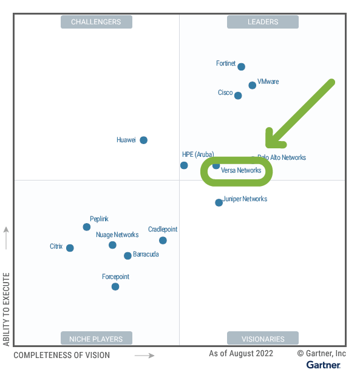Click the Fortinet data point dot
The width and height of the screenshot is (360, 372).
[241, 67]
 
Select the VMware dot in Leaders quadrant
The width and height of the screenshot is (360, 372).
[253, 85]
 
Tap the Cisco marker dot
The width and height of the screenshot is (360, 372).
[238, 95]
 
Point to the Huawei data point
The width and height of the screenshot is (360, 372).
[143, 140]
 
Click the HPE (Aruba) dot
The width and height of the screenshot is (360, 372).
[184, 165]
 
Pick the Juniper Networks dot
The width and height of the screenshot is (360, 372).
[219, 202]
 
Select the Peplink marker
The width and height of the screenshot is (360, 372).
[86, 227]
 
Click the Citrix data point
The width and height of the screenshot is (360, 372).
[70, 248]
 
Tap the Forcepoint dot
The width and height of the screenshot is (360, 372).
[115, 286]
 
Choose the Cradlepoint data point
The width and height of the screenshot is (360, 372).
[163, 241]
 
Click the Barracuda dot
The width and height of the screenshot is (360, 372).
[127, 256]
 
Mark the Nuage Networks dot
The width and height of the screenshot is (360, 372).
[112, 245]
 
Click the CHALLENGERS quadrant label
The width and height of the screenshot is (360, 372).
[96, 22]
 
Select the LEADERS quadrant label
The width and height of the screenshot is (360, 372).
[263, 22]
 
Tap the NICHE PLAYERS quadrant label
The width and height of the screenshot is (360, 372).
[96, 339]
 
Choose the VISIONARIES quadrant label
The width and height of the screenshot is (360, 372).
[263, 339]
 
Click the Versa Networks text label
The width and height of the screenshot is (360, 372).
[241, 171]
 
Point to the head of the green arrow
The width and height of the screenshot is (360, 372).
[270, 145]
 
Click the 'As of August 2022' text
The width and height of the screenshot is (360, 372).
[241, 354]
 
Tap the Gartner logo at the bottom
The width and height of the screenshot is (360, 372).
[323, 365]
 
